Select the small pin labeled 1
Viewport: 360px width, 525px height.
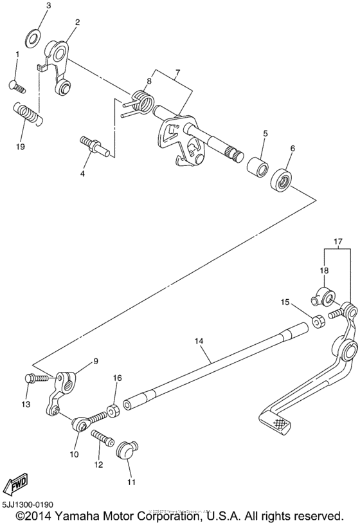click(x=15, y=84)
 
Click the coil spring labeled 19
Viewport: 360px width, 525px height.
click(x=28, y=114)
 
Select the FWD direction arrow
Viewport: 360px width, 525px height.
click(x=14, y=486)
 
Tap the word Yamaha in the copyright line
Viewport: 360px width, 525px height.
click(x=74, y=516)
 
